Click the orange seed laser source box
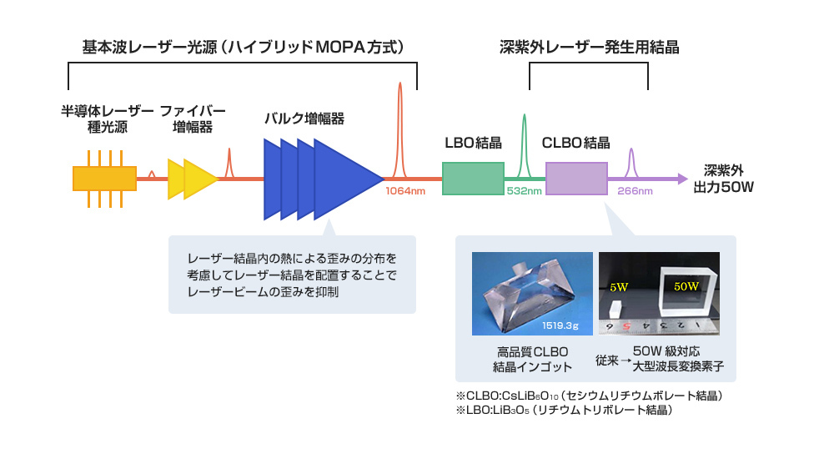click(x=104, y=179)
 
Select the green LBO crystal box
click(x=473, y=179)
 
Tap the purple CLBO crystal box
click(x=576, y=179)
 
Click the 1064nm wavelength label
click(x=405, y=191)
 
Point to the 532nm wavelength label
click(x=525, y=191)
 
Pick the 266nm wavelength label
click(x=635, y=191)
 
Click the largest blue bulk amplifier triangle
click(x=342, y=179)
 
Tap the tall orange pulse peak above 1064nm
click(x=400, y=125)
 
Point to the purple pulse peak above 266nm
click(x=631, y=161)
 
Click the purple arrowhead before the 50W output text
click(x=681, y=179)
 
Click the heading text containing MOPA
click(x=242, y=47)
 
